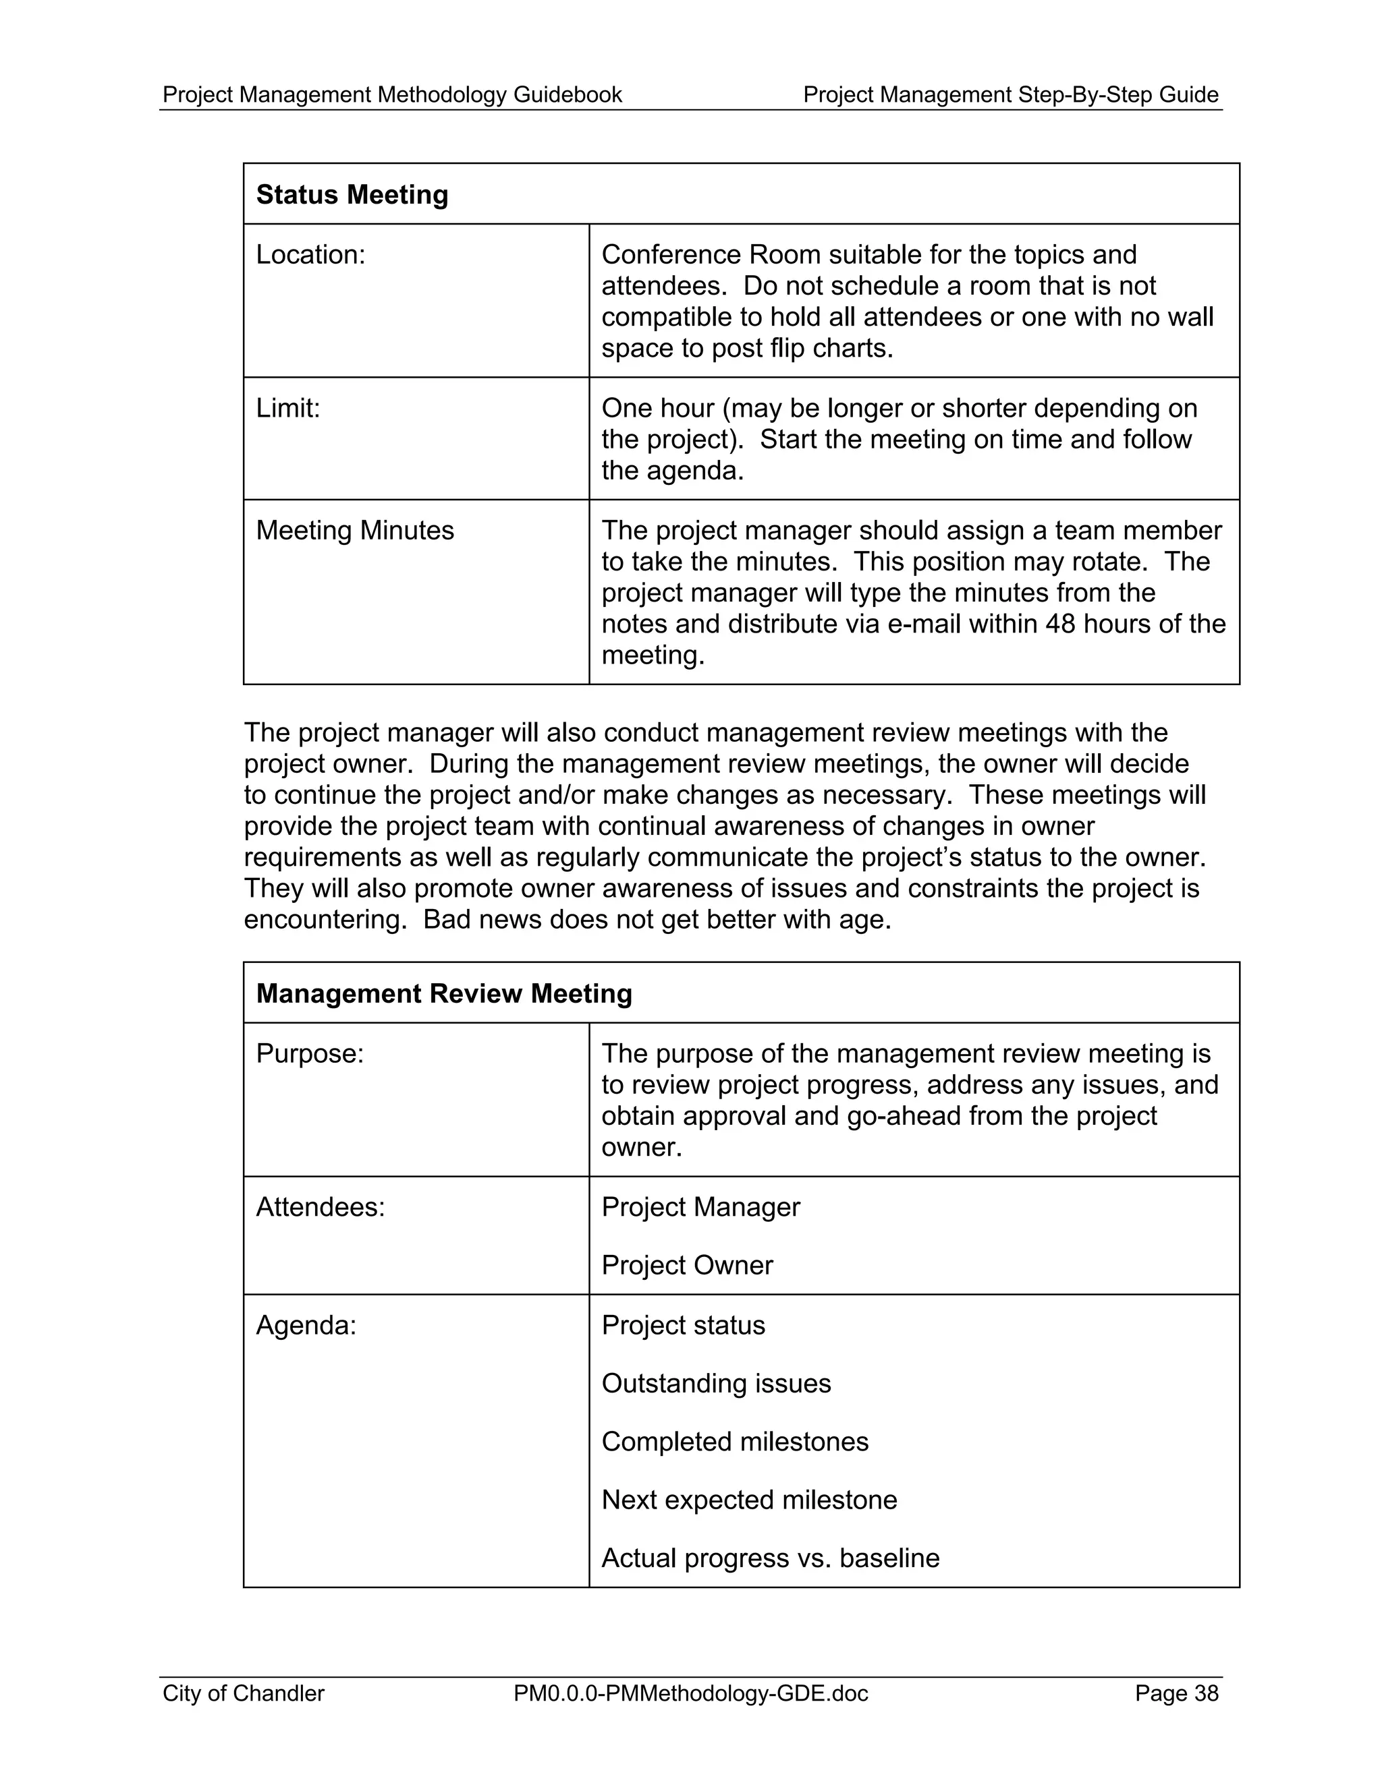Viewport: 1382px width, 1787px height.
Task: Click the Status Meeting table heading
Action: coord(352,195)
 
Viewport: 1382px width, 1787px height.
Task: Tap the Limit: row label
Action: coord(287,408)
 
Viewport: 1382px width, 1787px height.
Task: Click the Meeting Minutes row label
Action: coord(354,531)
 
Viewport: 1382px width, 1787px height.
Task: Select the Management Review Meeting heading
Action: coord(444,993)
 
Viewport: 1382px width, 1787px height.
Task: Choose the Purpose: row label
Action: coord(310,1054)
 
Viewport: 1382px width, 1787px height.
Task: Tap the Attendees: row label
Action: coord(320,1207)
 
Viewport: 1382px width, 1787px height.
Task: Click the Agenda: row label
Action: coord(306,1324)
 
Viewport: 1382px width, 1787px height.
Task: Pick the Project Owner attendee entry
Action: coord(687,1265)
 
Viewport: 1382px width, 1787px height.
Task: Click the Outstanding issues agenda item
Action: coord(717,1383)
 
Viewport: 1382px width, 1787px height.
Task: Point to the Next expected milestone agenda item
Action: coord(749,1499)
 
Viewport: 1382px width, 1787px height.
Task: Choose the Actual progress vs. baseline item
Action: coord(771,1557)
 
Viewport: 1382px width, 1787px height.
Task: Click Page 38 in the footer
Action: coord(1176,1693)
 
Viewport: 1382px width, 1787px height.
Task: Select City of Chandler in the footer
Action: coord(243,1693)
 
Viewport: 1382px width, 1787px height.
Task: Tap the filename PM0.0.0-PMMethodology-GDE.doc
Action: coord(691,1693)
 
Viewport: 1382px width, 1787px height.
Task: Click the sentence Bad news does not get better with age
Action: coord(657,920)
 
